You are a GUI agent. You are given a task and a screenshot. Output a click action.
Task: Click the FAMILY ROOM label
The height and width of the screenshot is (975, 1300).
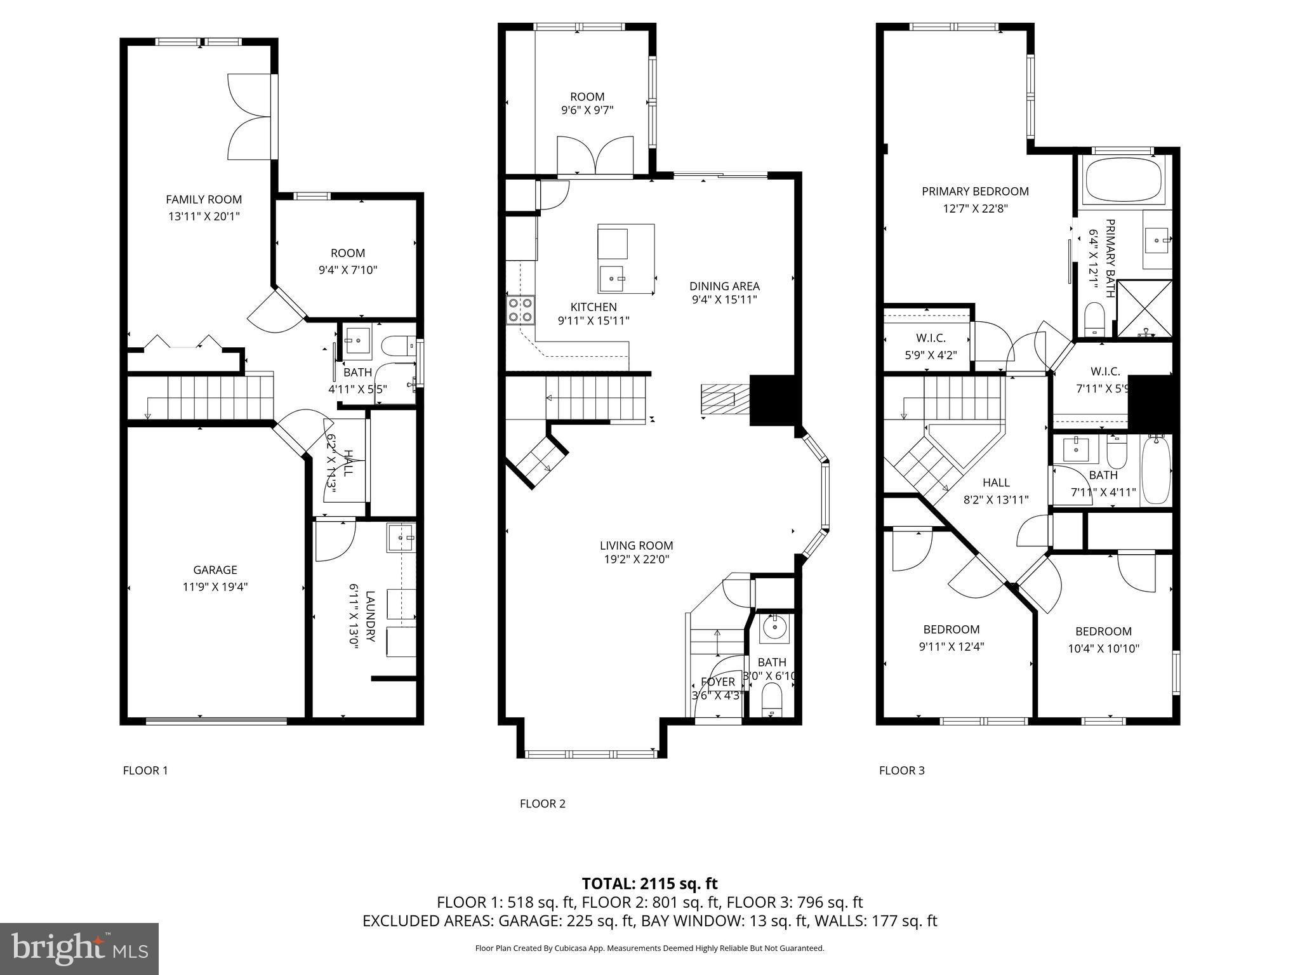(204, 199)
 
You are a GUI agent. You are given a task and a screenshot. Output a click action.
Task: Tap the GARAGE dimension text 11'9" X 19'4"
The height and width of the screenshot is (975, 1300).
(215, 587)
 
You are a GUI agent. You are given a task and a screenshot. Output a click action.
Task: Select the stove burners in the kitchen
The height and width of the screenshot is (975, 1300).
(521, 310)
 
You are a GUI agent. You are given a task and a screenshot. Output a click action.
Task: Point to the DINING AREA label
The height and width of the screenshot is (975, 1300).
(724, 286)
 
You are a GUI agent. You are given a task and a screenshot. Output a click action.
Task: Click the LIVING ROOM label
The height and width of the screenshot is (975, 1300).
(636, 545)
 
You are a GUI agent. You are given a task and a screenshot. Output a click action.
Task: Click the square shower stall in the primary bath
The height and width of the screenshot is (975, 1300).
(1144, 308)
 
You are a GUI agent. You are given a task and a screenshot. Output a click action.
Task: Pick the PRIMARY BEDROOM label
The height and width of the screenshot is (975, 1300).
(975, 191)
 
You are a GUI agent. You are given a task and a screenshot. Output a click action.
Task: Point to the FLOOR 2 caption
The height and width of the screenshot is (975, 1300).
(542, 804)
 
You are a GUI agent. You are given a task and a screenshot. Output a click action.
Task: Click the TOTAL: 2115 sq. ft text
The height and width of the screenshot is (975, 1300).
(649, 884)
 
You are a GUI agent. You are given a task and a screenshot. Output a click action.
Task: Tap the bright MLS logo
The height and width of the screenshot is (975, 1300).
(79, 949)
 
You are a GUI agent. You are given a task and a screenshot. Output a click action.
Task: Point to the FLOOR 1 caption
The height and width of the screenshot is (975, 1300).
(145, 771)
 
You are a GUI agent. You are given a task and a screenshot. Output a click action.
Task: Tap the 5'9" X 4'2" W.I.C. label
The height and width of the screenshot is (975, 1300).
(930, 355)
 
